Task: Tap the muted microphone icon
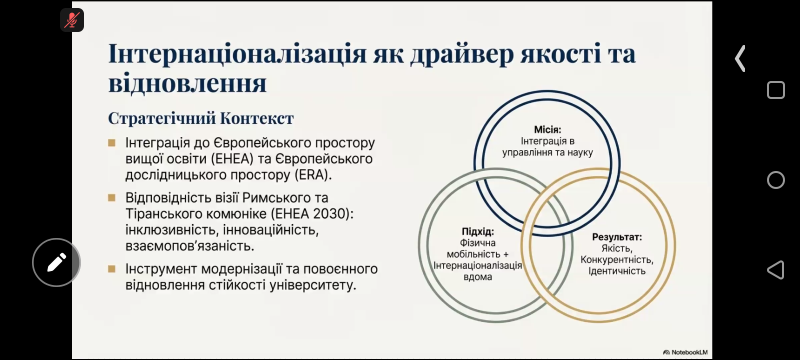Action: coord(72,20)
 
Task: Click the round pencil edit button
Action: coord(56,262)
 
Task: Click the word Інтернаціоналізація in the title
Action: coord(237,53)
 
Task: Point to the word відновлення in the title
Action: coord(187,83)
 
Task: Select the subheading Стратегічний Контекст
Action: coord(200,118)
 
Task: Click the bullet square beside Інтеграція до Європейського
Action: coord(112,143)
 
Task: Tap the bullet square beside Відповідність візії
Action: coord(112,197)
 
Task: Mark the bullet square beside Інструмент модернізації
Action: coord(112,268)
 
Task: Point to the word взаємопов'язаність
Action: coord(189,246)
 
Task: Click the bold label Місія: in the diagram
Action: coord(547,129)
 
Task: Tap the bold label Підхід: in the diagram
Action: coord(478,231)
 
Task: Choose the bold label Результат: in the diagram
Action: coord(617,237)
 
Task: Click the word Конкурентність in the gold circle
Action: coord(617,259)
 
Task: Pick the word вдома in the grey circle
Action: coord(478,277)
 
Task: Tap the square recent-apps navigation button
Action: coord(775,89)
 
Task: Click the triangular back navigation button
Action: coord(775,269)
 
